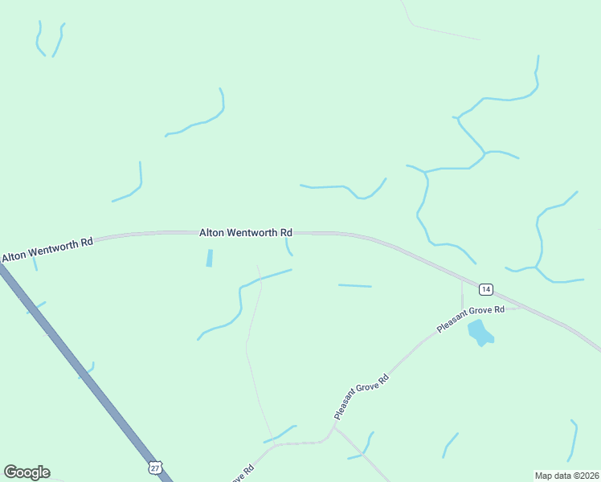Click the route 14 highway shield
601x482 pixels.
pos(485,288)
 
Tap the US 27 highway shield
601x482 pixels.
pos(155,467)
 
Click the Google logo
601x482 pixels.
pos(27,472)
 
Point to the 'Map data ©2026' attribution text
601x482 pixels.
pos(566,475)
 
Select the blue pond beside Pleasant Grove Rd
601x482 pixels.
pos(480,332)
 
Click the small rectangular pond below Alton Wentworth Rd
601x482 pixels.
pos(210,258)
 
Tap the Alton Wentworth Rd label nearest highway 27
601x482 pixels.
pos(47,248)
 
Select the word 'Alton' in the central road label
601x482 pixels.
pos(211,232)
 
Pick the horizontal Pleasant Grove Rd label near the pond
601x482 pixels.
pos(470,319)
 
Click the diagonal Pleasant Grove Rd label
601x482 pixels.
pos(362,397)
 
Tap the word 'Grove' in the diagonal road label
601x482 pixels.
pos(362,397)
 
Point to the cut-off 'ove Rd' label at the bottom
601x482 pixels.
pos(243,474)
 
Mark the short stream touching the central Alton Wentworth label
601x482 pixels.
pos(288,246)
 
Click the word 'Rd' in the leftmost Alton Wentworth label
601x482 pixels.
pos(86,241)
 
